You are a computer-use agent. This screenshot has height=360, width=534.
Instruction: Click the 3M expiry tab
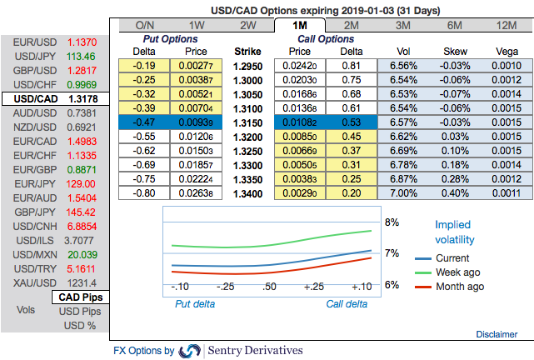(x=402, y=26)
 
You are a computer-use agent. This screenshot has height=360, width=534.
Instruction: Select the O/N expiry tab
(x=144, y=26)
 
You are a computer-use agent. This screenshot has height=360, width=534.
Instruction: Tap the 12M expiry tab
(x=504, y=26)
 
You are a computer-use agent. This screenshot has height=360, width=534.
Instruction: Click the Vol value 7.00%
(x=402, y=192)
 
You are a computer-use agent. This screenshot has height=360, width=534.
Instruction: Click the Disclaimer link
(x=497, y=334)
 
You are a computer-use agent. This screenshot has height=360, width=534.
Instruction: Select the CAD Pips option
(x=80, y=297)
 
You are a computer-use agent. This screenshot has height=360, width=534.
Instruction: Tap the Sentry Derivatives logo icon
(x=190, y=351)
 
